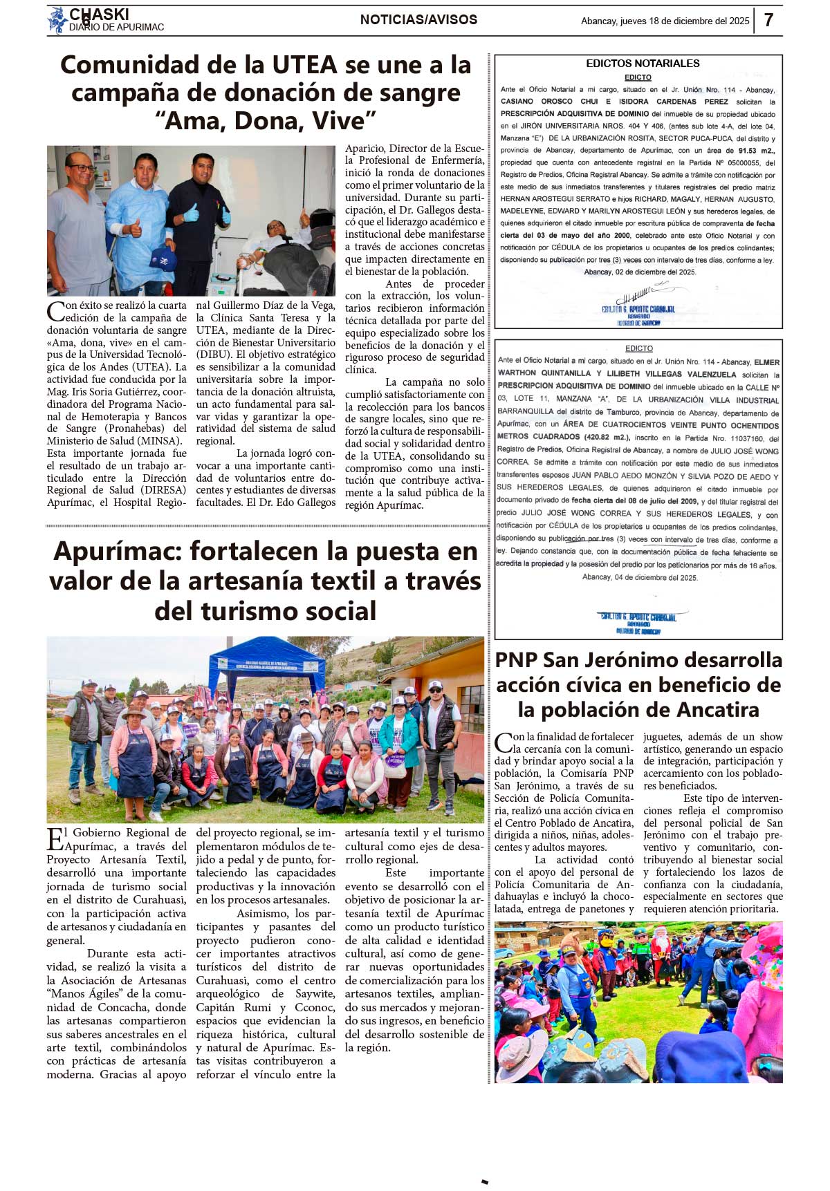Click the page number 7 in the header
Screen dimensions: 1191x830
(768, 20)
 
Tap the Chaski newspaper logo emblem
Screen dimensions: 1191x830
(58, 20)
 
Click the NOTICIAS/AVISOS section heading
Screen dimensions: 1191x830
(418, 20)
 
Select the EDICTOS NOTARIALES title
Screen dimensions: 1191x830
(643, 64)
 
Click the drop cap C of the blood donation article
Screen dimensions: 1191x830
(55, 312)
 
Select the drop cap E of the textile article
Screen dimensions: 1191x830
(55, 839)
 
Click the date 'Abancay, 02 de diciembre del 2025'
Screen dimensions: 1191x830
(640, 272)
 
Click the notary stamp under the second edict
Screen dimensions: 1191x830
(638, 621)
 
